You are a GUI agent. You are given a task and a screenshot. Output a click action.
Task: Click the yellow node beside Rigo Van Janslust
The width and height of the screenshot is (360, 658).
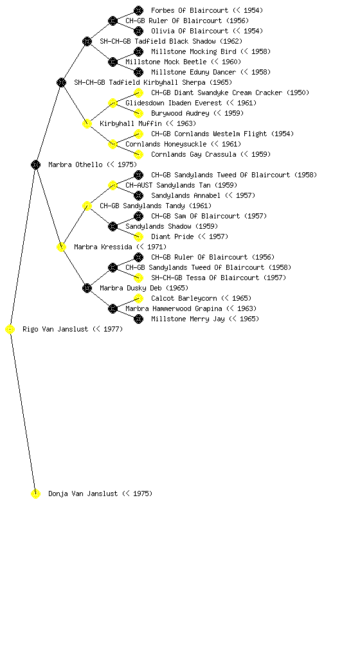[x=10, y=330]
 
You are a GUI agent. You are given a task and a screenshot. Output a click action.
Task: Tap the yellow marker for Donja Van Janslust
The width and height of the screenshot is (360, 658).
[x=35, y=494]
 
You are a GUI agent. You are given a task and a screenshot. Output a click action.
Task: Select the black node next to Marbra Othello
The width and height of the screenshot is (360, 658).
[x=35, y=165]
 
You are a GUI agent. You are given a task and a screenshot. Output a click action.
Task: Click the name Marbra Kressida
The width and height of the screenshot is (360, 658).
[x=103, y=247]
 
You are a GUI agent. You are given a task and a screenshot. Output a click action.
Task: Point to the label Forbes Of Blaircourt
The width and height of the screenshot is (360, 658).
[x=190, y=10]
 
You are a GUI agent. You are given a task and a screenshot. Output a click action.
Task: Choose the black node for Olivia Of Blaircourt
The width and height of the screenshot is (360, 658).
[x=138, y=31]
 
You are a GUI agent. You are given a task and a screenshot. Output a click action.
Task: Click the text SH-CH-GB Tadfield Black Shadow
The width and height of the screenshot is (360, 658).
[x=157, y=41]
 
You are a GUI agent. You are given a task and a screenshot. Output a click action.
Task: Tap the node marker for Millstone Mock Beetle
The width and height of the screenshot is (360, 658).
[x=113, y=62]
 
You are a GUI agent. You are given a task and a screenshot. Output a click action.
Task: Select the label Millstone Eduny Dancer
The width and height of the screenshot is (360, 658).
[x=194, y=72]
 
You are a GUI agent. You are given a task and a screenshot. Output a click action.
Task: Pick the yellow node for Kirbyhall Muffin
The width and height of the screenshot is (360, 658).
[x=87, y=124]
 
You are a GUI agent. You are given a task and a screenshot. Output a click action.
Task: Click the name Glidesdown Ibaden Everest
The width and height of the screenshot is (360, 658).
[x=174, y=103]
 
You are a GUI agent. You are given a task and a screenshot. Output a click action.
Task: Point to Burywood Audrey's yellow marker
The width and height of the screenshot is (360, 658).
[x=138, y=113]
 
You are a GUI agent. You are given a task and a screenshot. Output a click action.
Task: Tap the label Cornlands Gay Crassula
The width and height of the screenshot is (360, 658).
[x=194, y=154]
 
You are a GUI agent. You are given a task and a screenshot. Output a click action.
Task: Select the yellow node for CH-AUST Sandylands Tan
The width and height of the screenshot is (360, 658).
[x=113, y=186]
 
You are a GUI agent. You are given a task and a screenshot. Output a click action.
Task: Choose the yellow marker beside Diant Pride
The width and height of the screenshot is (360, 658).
[x=138, y=236]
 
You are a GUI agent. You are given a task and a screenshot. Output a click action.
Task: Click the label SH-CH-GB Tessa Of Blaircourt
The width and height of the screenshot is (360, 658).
[x=205, y=278]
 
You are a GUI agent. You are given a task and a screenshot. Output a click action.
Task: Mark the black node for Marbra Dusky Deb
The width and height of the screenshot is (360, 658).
[x=87, y=289]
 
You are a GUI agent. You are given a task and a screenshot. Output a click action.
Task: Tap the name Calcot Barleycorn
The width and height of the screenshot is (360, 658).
[x=184, y=298]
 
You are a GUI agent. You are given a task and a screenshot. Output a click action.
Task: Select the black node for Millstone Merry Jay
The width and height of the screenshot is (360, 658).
[x=138, y=319]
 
